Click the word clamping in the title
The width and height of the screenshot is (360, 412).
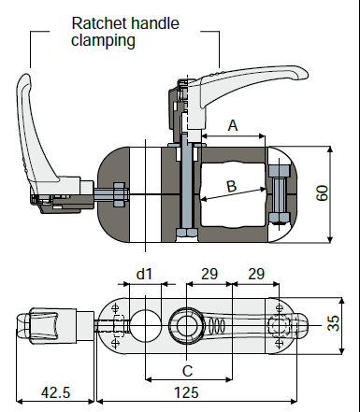(103, 41)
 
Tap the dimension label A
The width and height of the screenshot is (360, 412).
(233, 125)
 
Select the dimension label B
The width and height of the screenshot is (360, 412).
(231, 186)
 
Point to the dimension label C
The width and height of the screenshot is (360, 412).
(187, 371)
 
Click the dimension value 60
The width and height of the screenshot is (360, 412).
(322, 193)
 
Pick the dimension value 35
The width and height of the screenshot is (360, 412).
(333, 323)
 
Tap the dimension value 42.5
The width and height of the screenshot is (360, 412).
(56, 392)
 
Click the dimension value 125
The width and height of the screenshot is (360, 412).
(186, 392)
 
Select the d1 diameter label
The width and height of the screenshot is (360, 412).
(144, 274)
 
